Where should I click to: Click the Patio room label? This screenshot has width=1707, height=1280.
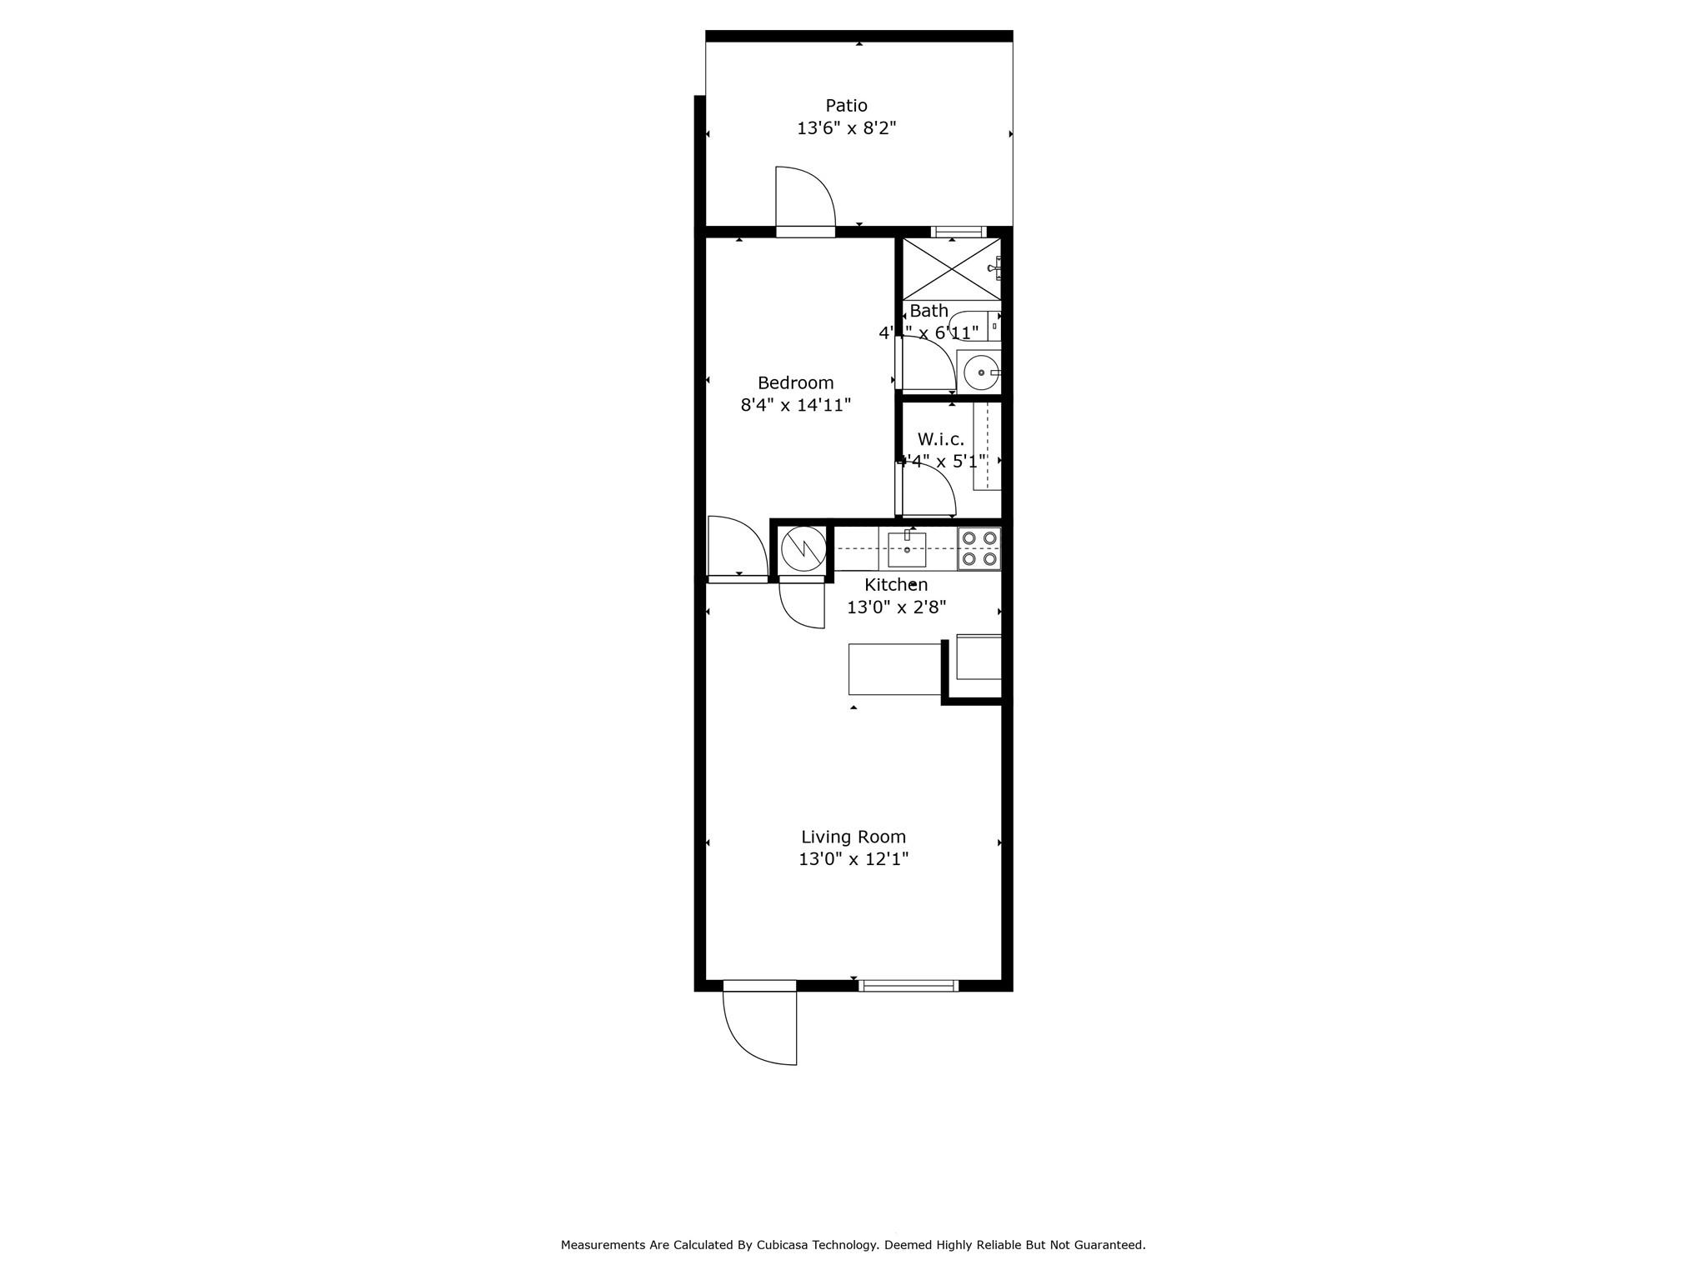(x=846, y=106)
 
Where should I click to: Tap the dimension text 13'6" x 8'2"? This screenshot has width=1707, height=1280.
(x=846, y=128)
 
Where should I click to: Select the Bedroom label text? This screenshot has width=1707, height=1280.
(x=795, y=383)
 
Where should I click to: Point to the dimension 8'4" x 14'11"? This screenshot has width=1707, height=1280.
(x=795, y=406)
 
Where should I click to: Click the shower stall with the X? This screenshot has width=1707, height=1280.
(x=952, y=268)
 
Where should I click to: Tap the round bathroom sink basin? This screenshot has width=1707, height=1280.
(x=981, y=372)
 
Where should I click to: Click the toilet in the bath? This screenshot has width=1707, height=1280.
(x=975, y=325)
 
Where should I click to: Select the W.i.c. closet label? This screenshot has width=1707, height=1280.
(x=940, y=439)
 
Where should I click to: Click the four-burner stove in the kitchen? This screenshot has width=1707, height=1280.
(x=979, y=548)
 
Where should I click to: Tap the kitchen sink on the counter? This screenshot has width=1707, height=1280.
(x=907, y=549)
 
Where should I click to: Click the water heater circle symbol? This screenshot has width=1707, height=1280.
(x=803, y=547)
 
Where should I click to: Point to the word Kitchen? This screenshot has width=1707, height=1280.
(x=895, y=585)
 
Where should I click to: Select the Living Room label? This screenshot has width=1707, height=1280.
(x=853, y=837)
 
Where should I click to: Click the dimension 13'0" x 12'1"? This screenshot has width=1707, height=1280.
(x=853, y=859)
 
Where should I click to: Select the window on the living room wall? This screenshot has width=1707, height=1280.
(x=908, y=986)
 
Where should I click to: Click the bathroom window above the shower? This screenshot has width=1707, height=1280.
(x=959, y=232)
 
